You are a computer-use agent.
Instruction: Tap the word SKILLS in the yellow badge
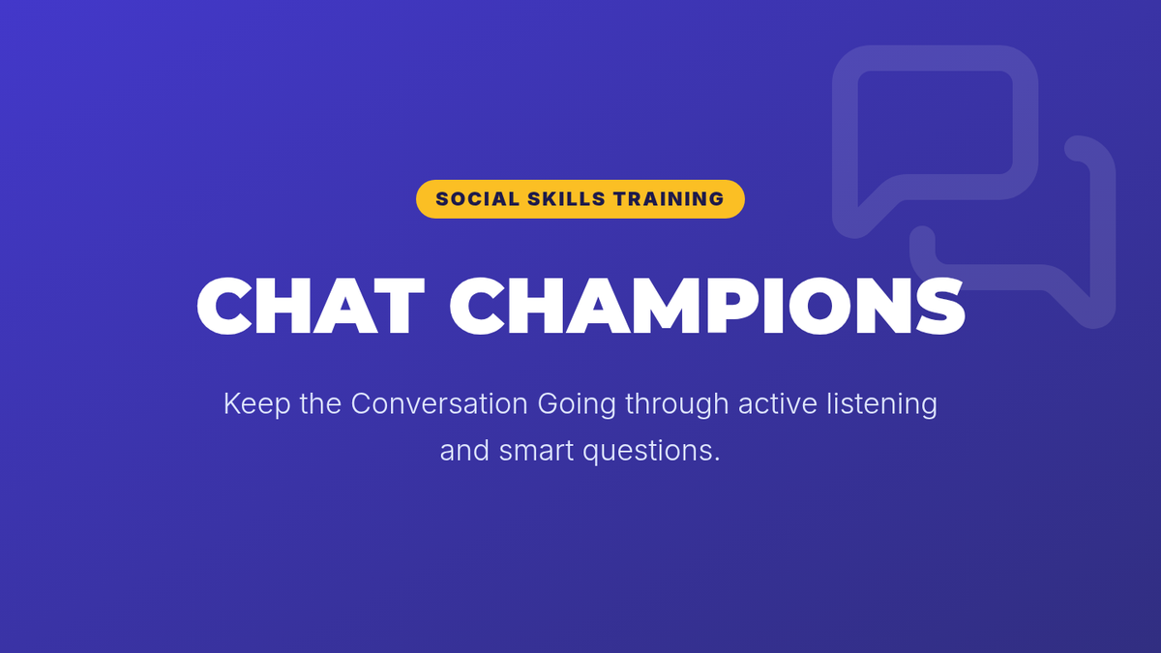pyautogui.click(x=566, y=199)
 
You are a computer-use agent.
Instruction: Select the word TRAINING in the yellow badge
pyautogui.click(x=669, y=199)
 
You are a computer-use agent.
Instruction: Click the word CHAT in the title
pyautogui.click(x=311, y=306)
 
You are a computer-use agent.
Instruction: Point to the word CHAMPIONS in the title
pyautogui.click(x=707, y=306)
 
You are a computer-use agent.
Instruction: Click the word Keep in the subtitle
pyautogui.click(x=256, y=404)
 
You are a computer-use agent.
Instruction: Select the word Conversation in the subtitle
pyautogui.click(x=439, y=403)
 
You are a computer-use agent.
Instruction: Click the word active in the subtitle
pyautogui.click(x=778, y=403)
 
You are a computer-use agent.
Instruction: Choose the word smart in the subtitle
pyautogui.click(x=536, y=451)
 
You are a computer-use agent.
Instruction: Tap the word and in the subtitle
pyautogui.click(x=464, y=451)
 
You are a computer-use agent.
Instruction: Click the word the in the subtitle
pyautogui.click(x=320, y=403)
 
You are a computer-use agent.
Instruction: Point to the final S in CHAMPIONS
pyautogui.click(x=940, y=306)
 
